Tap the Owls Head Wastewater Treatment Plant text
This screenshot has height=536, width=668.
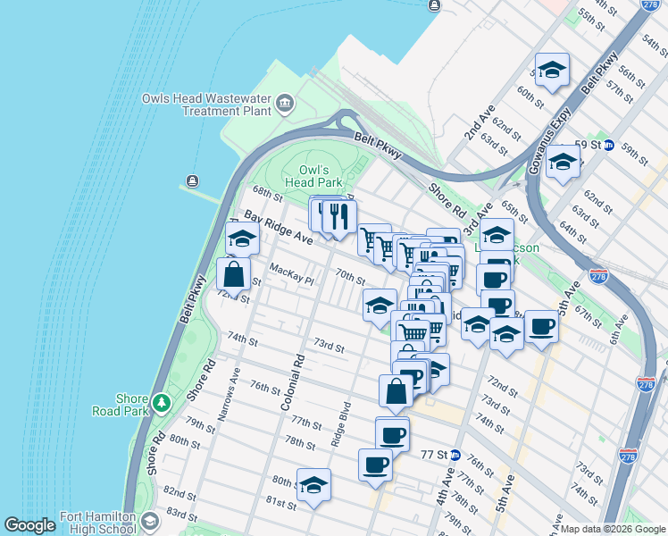(206, 105)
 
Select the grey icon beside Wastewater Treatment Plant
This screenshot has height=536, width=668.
(285, 105)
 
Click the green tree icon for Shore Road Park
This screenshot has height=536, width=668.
(161, 404)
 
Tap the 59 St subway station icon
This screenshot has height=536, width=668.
(608, 145)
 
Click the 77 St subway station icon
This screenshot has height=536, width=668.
(455, 454)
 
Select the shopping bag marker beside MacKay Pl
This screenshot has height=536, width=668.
(233, 274)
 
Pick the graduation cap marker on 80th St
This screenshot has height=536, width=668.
(313, 485)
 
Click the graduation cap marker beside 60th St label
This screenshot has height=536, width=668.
(552, 70)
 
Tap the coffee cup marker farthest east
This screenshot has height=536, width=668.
(540, 327)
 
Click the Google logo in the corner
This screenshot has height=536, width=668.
(29, 525)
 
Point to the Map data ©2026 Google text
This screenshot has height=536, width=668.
(613, 529)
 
